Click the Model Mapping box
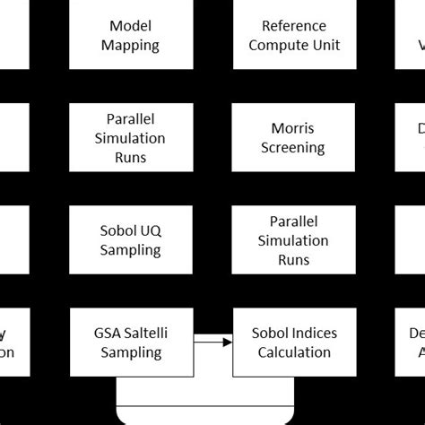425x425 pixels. point(134,35)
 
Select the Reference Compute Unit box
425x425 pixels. point(294,35)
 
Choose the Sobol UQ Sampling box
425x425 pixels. point(134,239)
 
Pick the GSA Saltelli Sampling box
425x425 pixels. point(134,343)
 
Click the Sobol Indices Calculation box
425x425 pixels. point(294,343)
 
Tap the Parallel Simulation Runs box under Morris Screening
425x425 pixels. point(294,239)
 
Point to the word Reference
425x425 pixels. point(294,26)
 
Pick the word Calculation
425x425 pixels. point(294,352)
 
